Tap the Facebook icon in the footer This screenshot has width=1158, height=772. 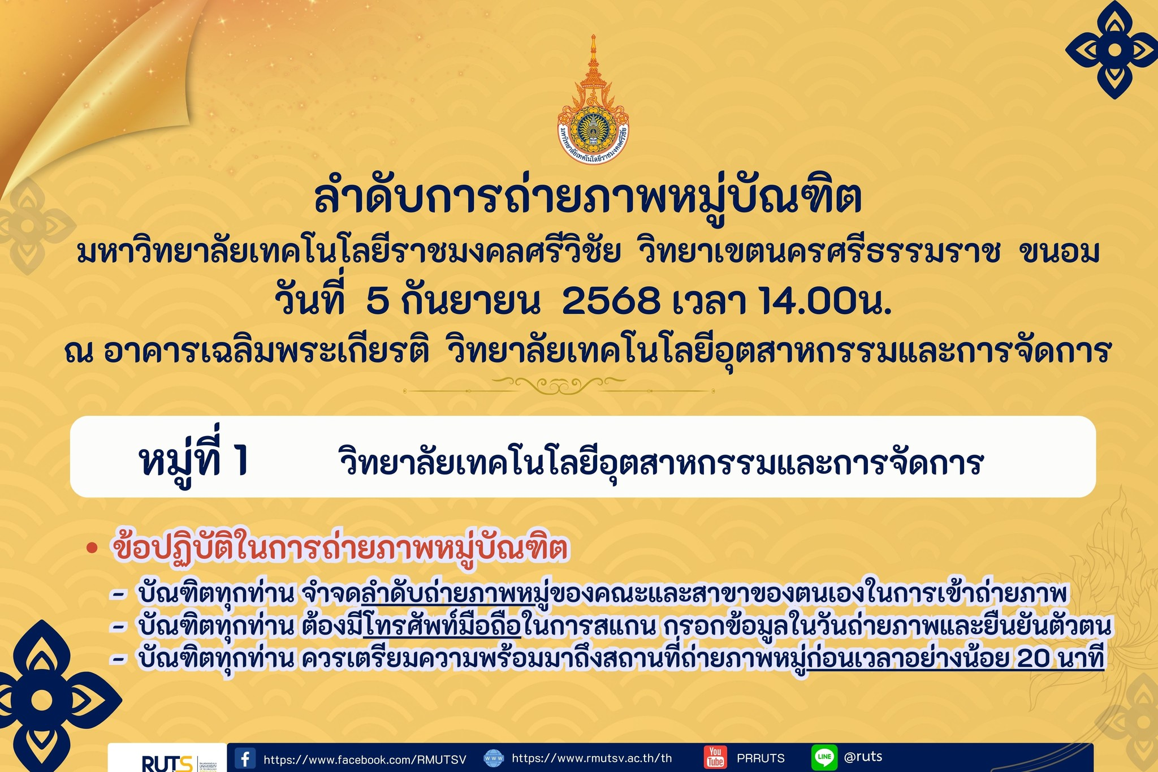245,758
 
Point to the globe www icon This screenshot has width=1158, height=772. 494,758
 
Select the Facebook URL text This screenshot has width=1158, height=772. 365,760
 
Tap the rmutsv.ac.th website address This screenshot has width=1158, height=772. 592,758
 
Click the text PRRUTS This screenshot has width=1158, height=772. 761,758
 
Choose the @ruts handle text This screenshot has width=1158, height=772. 863,757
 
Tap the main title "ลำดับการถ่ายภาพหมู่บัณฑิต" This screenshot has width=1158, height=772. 588,198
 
